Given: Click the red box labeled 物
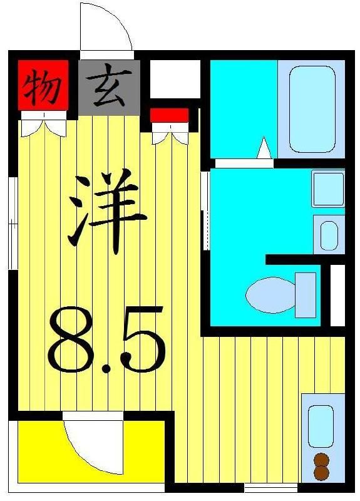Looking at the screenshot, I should pos(42,86).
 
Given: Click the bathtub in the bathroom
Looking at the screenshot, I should pos(312,109).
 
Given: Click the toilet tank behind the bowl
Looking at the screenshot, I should pos(306,294).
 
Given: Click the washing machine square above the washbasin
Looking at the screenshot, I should pos(328,188).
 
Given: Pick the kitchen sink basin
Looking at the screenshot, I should pos(321,425).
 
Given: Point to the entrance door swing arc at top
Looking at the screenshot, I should pos(106,28).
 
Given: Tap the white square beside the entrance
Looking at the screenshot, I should pos(174,79).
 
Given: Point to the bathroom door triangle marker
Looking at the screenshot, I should pos(264,148).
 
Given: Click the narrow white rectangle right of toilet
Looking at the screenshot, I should pos(337,295).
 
